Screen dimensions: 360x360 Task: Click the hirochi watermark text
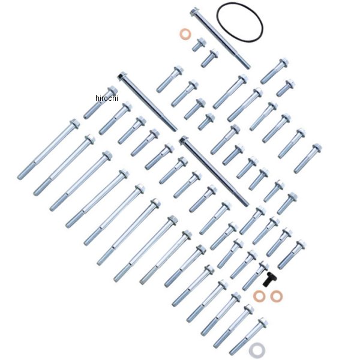tap(107, 98)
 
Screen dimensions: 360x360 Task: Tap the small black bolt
tap(269, 279)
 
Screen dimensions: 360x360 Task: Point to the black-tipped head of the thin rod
tap(121, 76)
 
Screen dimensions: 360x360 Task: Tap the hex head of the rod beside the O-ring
tap(194, 12)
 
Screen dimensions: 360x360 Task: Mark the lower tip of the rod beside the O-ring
tap(248, 67)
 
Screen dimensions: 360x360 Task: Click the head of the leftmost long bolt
tap(74, 123)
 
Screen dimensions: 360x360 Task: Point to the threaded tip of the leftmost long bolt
tap(20, 176)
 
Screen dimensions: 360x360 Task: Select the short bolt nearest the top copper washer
tap(199, 44)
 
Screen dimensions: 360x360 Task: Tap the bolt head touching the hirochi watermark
tap(113, 91)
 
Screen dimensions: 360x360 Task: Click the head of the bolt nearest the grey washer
tap(262, 323)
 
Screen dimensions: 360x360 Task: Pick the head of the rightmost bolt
tap(317, 148)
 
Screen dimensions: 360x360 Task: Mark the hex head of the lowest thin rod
tap(184, 140)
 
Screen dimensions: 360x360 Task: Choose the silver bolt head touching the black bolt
tap(263, 266)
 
